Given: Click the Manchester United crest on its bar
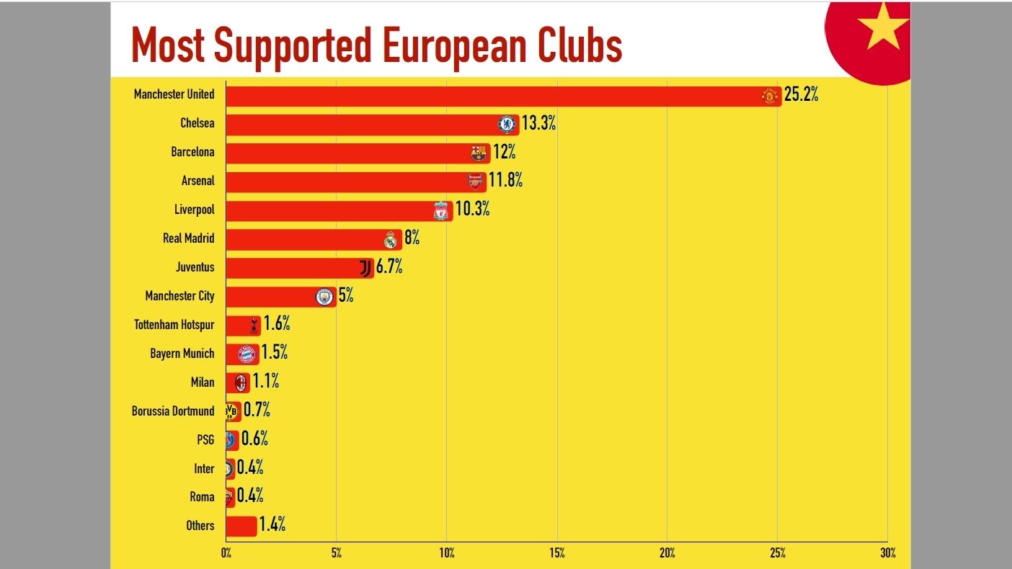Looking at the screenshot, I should [x=770, y=96].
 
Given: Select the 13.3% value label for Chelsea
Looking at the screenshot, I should [x=538, y=123].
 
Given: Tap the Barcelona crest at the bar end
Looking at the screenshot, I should [x=479, y=153].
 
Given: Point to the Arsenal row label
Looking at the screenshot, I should [x=197, y=181].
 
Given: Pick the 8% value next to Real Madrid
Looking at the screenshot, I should [x=412, y=238].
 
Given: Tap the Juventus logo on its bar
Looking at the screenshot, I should [x=365, y=268].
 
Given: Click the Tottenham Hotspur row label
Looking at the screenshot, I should [x=174, y=325].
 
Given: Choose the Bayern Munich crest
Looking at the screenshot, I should [x=247, y=354].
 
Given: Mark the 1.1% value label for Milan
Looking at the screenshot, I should [x=265, y=382].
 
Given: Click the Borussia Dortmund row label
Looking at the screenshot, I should [x=173, y=411].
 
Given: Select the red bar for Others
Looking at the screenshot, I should [x=241, y=526].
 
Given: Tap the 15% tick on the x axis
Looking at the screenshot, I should [x=556, y=553].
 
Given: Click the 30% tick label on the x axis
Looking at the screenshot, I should [x=887, y=553].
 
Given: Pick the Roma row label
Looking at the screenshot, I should [x=202, y=497].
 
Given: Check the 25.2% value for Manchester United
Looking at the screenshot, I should [x=801, y=95].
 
